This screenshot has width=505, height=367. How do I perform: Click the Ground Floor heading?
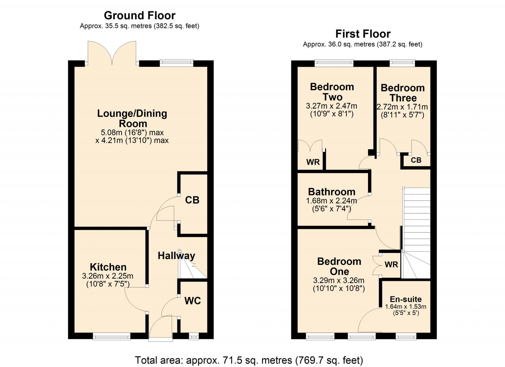coord(140,15)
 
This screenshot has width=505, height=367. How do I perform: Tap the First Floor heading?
coord(363,34)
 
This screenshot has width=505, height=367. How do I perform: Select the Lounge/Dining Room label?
coord(132,118)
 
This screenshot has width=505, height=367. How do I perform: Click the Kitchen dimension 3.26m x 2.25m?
coord(108,276)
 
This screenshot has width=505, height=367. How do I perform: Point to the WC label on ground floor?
coord(193,301)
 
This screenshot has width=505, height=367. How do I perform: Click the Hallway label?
coord(176,256)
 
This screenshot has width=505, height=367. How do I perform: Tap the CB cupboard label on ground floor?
coord(192,200)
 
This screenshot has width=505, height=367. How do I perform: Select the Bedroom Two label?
coord(332,92)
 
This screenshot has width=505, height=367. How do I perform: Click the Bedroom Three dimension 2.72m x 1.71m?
coord(402,107)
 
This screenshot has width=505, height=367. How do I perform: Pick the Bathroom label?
coord(332,192)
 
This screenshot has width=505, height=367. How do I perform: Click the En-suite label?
coord(406,299)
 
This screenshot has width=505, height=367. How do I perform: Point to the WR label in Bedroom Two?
coord(313,162)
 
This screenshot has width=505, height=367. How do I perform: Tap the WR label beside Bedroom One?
coord(391,265)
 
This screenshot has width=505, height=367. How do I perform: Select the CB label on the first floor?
coord(416,160)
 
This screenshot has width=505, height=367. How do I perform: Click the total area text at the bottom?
coord(249,360)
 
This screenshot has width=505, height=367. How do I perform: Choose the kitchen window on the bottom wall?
coord(112,337)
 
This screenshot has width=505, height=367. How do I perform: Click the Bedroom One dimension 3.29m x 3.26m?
coord(339,280)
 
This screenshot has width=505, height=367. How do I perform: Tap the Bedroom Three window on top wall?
coord(402,63)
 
